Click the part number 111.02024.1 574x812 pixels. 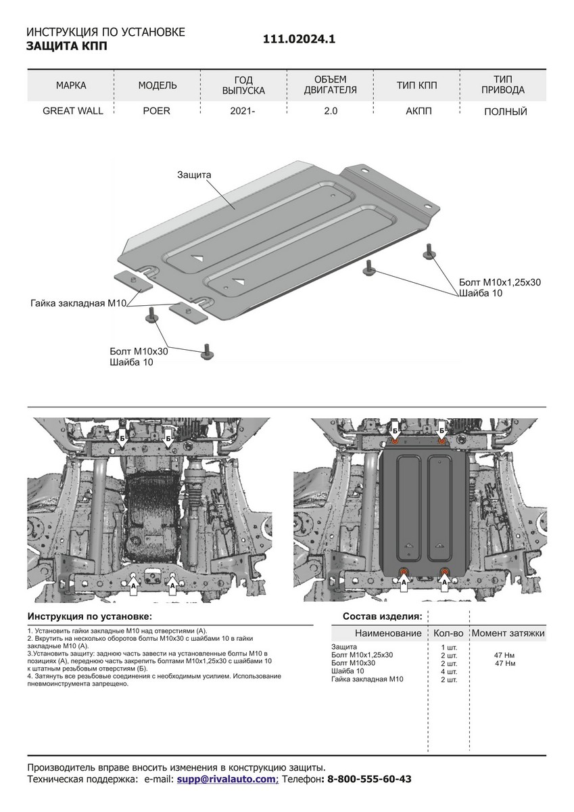click(299, 40)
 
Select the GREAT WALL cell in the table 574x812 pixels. click(73, 111)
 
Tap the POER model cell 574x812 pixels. click(157, 111)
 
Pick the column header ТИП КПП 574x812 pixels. click(416, 85)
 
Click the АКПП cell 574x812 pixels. click(416, 111)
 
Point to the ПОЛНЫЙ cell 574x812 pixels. click(505, 112)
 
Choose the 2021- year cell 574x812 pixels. click(243, 111)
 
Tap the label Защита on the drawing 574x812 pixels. click(195, 175)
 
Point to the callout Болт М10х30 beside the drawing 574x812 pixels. click(139, 352)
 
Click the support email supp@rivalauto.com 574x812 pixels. click(226, 780)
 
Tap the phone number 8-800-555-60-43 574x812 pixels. click(369, 780)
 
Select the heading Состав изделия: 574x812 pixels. click(382, 616)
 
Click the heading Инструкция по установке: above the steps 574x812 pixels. click(90, 616)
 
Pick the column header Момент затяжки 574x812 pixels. click(508, 633)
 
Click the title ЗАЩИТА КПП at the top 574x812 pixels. click(66, 47)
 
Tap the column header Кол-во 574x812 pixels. click(447, 633)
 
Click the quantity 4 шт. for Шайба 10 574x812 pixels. click(448, 671)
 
